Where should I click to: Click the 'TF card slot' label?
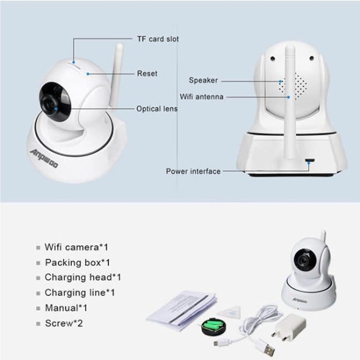pos(158,39)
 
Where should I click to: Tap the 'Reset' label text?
pos(147,74)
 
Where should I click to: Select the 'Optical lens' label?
pos(157,109)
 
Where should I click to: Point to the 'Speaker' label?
pos(203,80)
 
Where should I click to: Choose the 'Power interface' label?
pos(193,171)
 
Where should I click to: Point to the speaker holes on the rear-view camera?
pos(297,83)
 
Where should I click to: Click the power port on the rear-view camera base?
pos(310,160)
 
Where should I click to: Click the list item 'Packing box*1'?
pos(78,262)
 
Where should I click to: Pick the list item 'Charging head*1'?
pos(83,277)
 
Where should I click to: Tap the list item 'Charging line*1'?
pos(80,293)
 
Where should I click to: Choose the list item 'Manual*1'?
pos(66,308)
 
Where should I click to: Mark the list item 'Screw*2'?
pos(64,323)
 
